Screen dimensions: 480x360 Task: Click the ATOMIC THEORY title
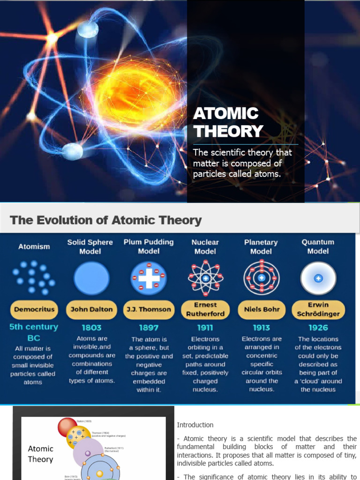coord(228,122)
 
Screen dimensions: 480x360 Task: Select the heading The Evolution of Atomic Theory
coord(106,220)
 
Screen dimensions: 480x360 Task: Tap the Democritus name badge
coord(35,309)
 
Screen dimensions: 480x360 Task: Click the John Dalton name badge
coord(92,309)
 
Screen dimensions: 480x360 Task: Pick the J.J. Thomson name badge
coord(149,309)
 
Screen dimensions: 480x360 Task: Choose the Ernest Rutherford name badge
coord(205,309)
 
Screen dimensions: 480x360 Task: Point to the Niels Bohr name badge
coord(262,309)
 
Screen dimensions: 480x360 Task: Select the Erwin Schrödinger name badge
coord(318,309)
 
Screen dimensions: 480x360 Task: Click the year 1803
coord(92,328)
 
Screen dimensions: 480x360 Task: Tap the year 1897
coord(149,328)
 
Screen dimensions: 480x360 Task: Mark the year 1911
coord(205,328)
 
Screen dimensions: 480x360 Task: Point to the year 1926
coord(318,328)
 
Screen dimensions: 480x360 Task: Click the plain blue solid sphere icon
coord(91,278)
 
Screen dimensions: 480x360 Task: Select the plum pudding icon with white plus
coord(149,278)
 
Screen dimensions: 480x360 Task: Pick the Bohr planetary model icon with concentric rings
coord(262,278)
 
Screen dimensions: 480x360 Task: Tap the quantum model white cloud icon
coord(318,278)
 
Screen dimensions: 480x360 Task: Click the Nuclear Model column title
coord(205,247)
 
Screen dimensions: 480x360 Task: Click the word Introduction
coord(195,425)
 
